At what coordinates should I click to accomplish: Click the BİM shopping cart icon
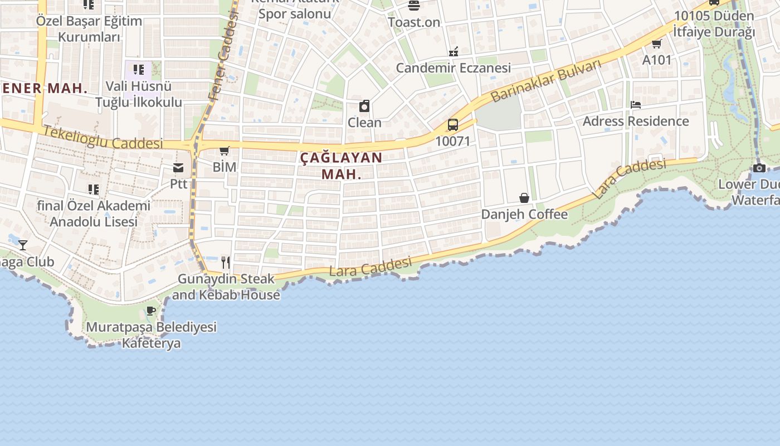click(x=225, y=151)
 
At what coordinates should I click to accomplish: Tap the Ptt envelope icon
click(x=178, y=167)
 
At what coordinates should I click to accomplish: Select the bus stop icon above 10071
click(x=453, y=125)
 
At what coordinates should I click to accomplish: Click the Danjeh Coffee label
click(x=524, y=214)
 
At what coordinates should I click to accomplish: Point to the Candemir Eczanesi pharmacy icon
click(x=454, y=52)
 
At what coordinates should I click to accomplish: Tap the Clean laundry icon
click(x=364, y=106)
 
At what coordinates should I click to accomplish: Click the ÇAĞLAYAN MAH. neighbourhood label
click(x=342, y=166)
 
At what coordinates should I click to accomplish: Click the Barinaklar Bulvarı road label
click(x=546, y=81)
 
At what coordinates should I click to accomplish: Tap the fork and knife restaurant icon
click(x=226, y=263)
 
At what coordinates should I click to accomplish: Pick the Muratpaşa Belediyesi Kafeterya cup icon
click(x=151, y=311)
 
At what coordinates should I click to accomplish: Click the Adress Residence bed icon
click(x=636, y=105)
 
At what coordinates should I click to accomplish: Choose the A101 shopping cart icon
click(x=657, y=43)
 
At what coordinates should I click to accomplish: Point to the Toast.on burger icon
click(x=414, y=6)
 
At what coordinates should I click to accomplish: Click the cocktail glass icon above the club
click(x=23, y=245)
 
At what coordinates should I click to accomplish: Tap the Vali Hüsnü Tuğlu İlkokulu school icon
click(x=139, y=70)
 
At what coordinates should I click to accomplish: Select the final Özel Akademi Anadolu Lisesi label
click(x=94, y=214)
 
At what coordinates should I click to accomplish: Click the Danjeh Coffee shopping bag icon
click(x=524, y=198)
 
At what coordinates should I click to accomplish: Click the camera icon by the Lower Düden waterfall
click(x=759, y=168)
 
